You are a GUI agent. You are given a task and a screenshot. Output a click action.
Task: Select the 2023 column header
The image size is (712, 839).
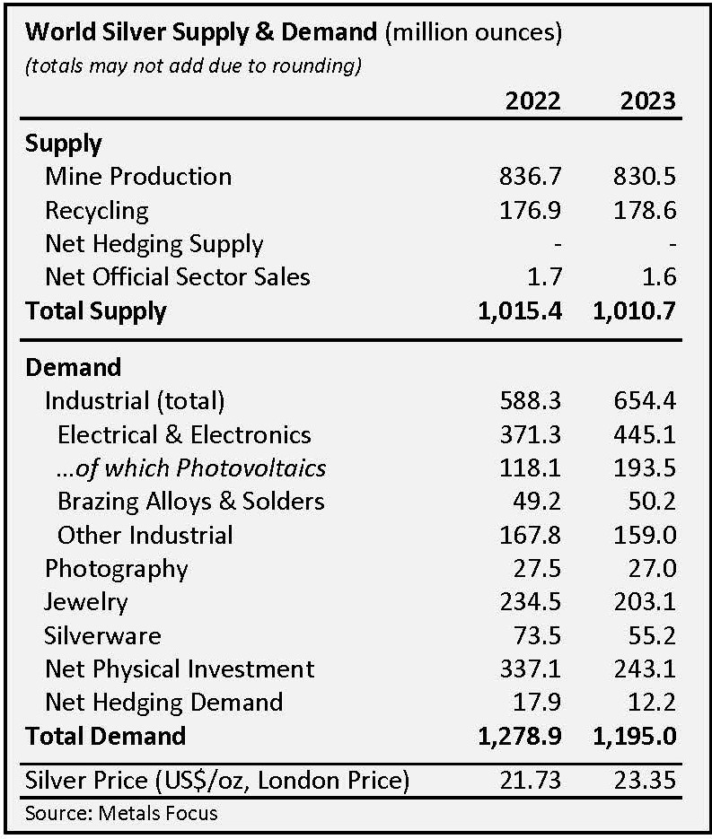pyautogui.click(x=647, y=99)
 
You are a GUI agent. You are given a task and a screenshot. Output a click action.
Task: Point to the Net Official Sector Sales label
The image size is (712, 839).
pyautogui.click(x=177, y=276)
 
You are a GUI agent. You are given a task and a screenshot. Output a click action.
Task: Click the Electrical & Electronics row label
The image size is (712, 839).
pyautogui.click(x=184, y=434)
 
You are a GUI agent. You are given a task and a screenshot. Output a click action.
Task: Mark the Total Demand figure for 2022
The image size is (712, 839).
pyautogui.click(x=520, y=736)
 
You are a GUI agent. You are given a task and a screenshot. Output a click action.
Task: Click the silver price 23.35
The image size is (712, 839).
pyautogui.click(x=647, y=780)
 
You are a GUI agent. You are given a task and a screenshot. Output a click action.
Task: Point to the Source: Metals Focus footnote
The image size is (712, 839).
pyautogui.click(x=122, y=813)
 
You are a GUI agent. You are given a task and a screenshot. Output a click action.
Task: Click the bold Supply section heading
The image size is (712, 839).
pyautogui.click(x=63, y=143)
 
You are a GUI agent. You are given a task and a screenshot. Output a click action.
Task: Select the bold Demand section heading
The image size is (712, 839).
pyautogui.click(x=73, y=367)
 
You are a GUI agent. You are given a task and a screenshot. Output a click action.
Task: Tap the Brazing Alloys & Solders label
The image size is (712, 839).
pyautogui.click(x=190, y=501)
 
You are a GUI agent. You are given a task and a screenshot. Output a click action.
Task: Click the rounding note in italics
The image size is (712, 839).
pyautogui.click(x=193, y=66)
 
